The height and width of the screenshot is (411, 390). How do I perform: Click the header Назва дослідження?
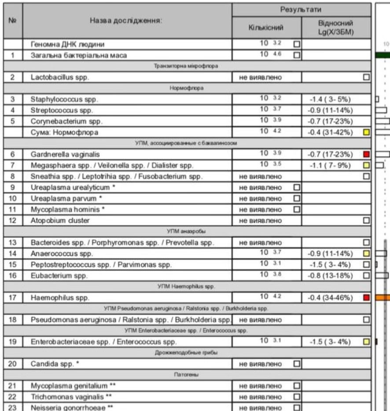(127, 21)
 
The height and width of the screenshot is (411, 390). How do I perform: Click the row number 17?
(13, 298)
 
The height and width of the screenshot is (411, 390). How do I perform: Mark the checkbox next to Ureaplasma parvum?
(296, 198)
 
